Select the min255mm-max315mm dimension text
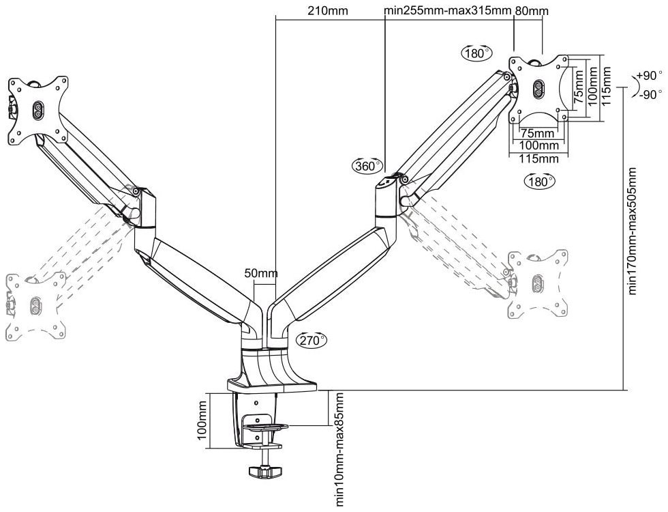(448, 12)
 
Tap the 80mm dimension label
(532, 12)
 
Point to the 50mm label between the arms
(260, 274)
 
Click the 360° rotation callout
(367, 165)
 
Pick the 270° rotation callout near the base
(312, 339)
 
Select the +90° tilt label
(649, 75)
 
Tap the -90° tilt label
(648, 94)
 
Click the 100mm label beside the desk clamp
(202, 421)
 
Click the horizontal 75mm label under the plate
(537, 133)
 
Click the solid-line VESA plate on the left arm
(37, 109)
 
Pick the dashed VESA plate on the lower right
(538, 283)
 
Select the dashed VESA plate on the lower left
(35, 304)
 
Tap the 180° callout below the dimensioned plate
(540, 182)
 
